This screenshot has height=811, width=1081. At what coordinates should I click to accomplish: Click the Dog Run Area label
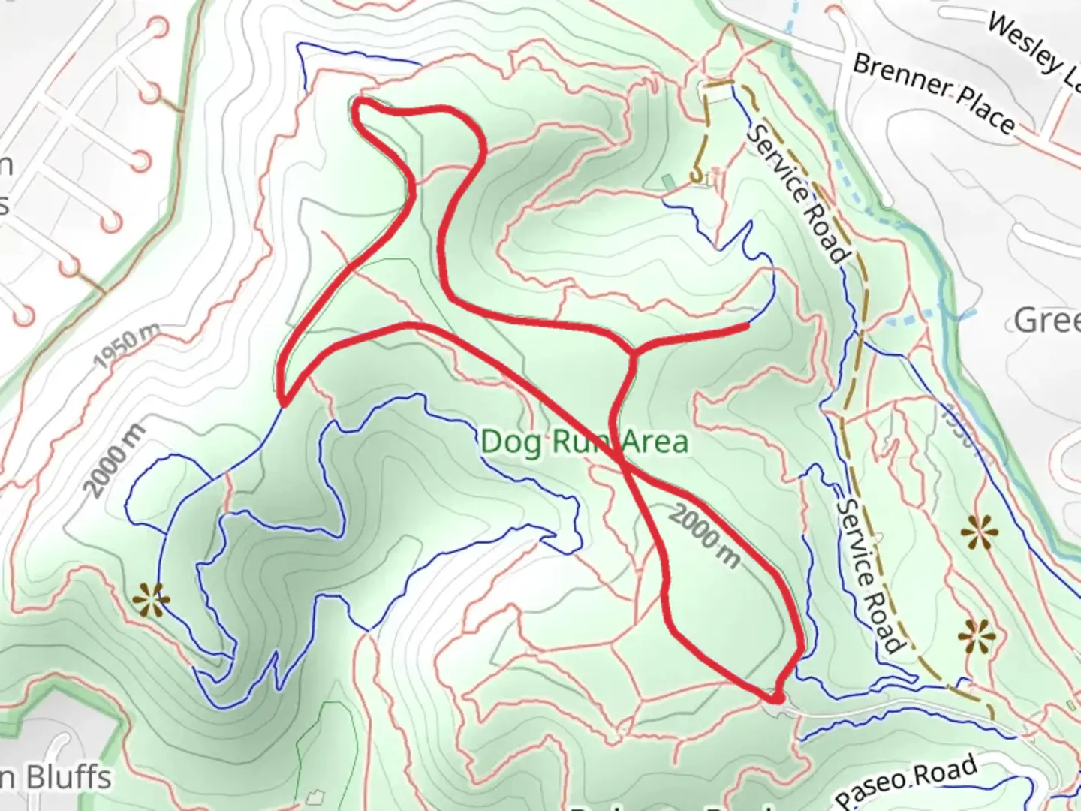tap(584, 442)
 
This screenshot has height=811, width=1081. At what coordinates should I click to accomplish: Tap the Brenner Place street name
tap(934, 92)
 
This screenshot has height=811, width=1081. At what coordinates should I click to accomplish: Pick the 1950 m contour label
tap(128, 345)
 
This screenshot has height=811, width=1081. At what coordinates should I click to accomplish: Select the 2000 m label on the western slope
tap(114, 460)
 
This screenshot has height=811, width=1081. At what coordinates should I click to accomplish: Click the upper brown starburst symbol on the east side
tap(980, 534)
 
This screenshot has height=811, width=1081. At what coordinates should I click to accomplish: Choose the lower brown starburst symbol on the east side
tap(977, 637)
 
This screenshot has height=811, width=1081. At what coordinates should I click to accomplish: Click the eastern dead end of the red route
tap(747, 326)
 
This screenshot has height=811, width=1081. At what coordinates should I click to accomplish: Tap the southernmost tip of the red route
tap(778, 698)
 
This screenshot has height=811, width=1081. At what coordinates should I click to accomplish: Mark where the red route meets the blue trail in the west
tap(283, 405)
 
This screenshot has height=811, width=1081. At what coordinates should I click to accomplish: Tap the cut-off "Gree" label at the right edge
tap(1047, 321)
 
